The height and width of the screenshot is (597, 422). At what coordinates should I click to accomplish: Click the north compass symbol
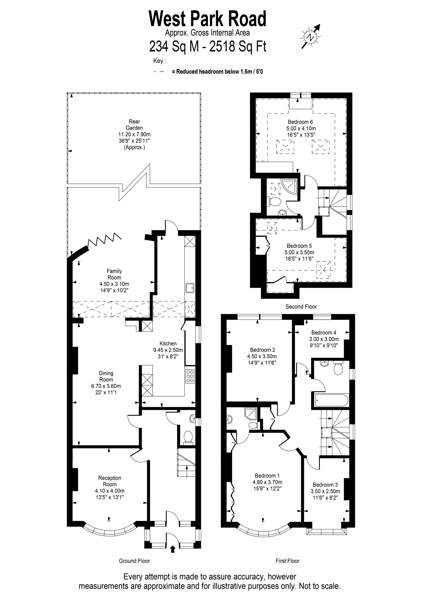tap(311, 37)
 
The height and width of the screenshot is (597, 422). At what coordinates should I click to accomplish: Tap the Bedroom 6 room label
tap(300, 122)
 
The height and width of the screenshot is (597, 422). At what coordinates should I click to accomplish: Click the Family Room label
tap(114, 274)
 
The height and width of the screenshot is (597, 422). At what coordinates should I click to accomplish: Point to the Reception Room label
tap(110, 481)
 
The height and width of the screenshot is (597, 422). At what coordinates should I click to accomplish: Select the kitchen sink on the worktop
tap(190, 288)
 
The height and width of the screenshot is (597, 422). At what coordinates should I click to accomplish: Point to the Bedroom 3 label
tap(325, 485)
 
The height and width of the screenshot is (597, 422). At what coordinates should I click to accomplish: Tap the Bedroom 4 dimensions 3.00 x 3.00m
tap(324, 339)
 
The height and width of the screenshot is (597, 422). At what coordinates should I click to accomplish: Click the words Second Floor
tap(301, 307)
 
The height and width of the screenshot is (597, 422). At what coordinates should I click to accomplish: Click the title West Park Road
tap(208, 19)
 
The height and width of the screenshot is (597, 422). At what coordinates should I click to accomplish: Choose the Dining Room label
tap(106, 376)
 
